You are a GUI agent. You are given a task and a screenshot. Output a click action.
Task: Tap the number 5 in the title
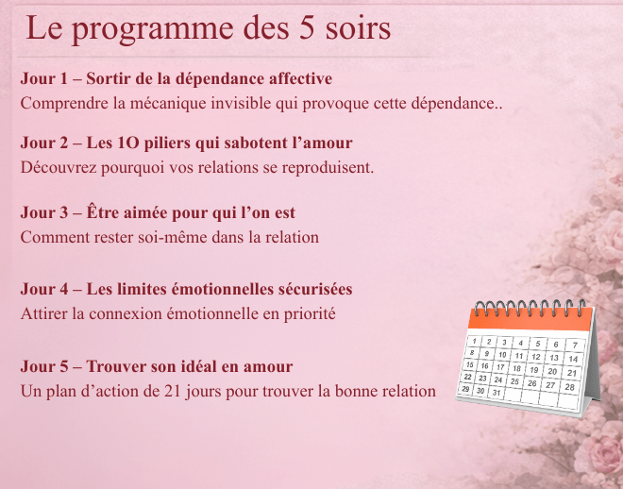307,27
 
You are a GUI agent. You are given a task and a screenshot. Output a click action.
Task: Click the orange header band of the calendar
530,319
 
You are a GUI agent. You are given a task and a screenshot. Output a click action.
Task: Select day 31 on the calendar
497,393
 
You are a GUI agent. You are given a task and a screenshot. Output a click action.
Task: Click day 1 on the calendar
474,341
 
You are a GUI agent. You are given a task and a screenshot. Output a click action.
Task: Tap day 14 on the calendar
573,359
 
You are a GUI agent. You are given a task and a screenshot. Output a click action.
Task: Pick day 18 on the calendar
516,368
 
